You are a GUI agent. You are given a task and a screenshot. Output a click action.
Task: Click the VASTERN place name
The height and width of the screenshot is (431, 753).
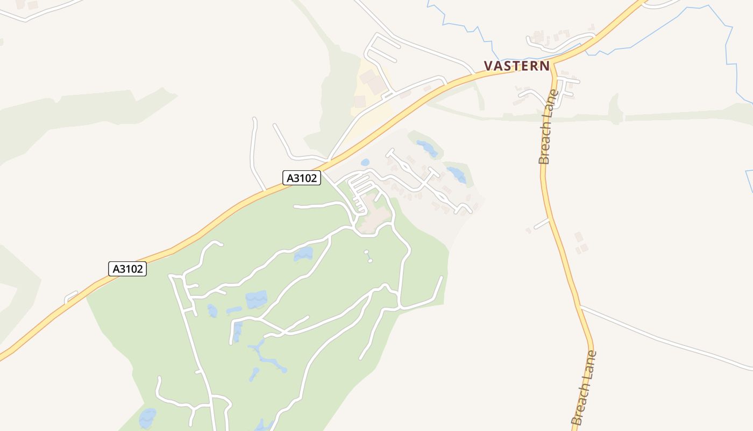coord(516,66)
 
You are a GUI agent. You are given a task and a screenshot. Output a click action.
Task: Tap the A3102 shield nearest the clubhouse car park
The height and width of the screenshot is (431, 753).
coord(302,178)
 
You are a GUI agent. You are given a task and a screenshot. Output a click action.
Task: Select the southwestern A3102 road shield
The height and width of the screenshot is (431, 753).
coord(127,269)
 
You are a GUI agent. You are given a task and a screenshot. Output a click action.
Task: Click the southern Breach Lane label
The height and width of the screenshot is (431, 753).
coord(584,387)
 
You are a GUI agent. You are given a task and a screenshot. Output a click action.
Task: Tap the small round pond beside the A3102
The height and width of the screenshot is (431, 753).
coord(365,162)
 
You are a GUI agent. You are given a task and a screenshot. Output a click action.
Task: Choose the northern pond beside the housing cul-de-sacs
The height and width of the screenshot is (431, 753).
coord(427,147)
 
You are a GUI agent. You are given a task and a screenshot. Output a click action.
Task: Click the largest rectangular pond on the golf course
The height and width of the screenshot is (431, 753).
coord(257,299)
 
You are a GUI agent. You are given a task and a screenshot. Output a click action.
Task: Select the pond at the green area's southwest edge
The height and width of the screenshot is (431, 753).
coord(147,418)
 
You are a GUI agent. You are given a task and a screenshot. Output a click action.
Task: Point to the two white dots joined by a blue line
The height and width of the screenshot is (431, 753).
coord(368,256)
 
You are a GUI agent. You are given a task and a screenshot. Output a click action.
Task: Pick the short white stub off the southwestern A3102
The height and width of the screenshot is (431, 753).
coord(71,297)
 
